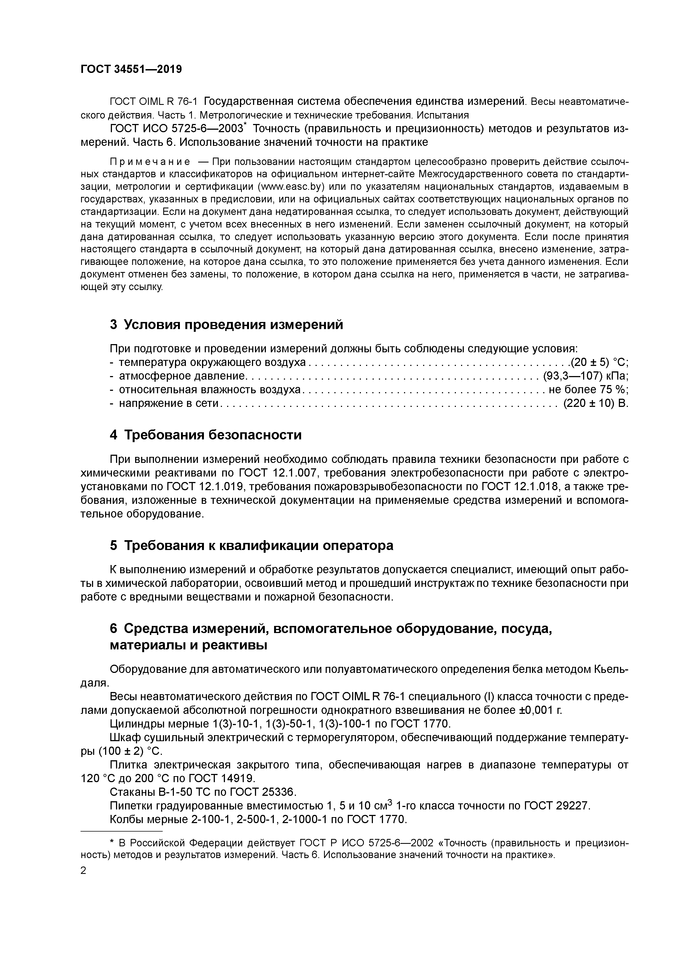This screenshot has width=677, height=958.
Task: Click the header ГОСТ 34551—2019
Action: tap(131, 69)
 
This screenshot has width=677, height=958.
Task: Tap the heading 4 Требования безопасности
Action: tap(205, 435)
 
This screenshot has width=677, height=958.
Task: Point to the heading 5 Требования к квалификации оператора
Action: tap(251, 545)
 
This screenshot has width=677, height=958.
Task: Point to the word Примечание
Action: tap(150, 161)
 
